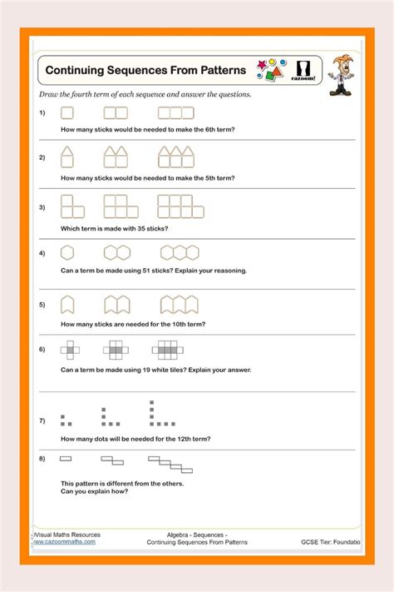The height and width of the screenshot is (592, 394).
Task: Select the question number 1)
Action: pos(42,112)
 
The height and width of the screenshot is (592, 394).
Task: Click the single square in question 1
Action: pos(67,112)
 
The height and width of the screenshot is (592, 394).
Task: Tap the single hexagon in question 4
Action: pos(67,252)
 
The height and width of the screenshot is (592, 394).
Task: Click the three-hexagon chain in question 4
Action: pos(180,252)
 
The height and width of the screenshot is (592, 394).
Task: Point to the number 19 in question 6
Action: pos(154,370)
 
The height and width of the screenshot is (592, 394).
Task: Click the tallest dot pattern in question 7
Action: pos(155,414)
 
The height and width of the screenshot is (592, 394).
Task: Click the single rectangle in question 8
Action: pos(66,458)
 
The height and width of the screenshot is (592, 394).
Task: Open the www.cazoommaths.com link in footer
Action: pos(65,541)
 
